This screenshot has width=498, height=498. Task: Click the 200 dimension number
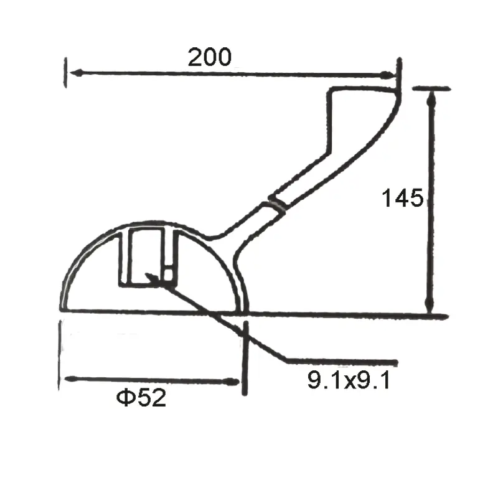click(x=210, y=57)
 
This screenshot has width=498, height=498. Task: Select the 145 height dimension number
click(x=403, y=199)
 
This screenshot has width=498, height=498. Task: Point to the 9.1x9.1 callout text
click(x=349, y=379)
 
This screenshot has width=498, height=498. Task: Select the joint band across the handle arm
click(x=276, y=204)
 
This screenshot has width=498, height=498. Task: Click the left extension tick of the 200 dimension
click(x=65, y=72)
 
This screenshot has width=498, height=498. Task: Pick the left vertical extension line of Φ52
click(x=60, y=355)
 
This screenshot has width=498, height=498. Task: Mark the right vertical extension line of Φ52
click(x=245, y=358)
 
